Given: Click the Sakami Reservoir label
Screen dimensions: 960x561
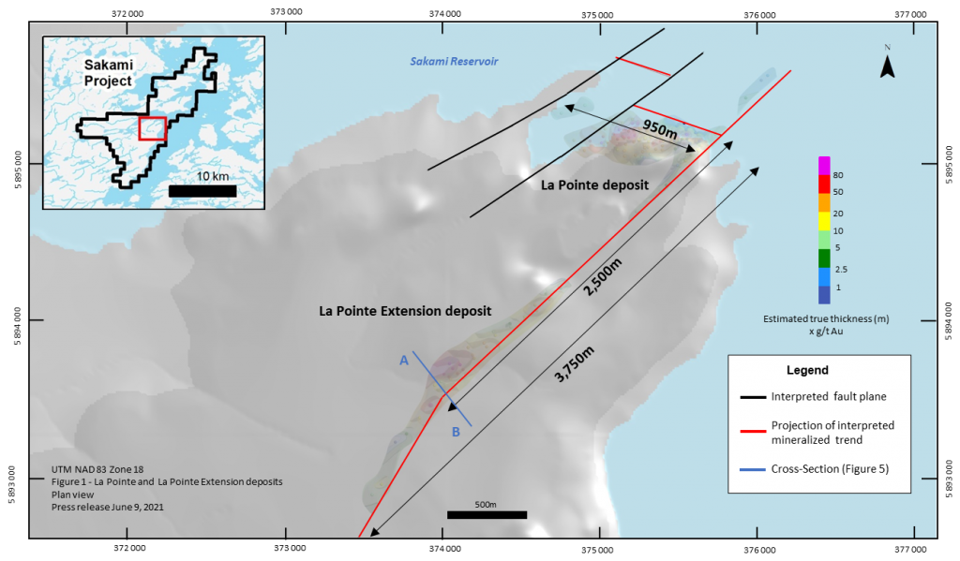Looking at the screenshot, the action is pyautogui.click(x=454, y=61).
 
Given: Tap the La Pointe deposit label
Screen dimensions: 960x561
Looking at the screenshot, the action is pyautogui.click(x=594, y=185).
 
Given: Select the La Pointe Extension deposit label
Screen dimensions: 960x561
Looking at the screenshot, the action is pyautogui.click(x=405, y=311).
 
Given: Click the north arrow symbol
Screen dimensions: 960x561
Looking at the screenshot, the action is pyautogui.click(x=887, y=65).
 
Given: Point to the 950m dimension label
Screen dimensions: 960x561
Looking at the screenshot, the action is pyautogui.click(x=660, y=128).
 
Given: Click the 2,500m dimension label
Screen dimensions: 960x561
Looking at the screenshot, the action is pyautogui.click(x=603, y=277).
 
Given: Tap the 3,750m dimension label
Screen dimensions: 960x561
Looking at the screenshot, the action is pyautogui.click(x=575, y=364).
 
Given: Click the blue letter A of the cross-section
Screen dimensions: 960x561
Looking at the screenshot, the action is pyautogui.click(x=404, y=361).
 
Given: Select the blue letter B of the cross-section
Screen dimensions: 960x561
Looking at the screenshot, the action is pyautogui.click(x=456, y=432).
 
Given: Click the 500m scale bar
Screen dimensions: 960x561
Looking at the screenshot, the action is pyautogui.click(x=487, y=515).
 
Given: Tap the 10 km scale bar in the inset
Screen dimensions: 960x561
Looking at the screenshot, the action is pyautogui.click(x=202, y=191).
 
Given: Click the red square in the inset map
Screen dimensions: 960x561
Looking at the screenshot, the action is pyautogui.click(x=153, y=128).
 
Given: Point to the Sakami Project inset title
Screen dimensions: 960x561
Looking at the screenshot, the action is pyautogui.click(x=109, y=73).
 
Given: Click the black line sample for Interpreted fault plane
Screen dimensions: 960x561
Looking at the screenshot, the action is pyautogui.click(x=753, y=397).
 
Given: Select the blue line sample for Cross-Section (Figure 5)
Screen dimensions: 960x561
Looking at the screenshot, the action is pyautogui.click(x=753, y=470).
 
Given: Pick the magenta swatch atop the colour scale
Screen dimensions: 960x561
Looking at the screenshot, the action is pyautogui.click(x=824, y=166).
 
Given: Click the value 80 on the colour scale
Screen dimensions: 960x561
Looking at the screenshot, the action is pyautogui.click(x=838, y=175).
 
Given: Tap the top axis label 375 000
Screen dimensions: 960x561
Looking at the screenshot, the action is pyautogui.click(x=597, y=15).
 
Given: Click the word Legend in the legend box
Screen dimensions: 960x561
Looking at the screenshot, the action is pyautogui.click(x=807, y=370).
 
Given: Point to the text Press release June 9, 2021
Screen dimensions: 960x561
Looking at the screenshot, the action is pyautogui.click(x=108, y=507).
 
